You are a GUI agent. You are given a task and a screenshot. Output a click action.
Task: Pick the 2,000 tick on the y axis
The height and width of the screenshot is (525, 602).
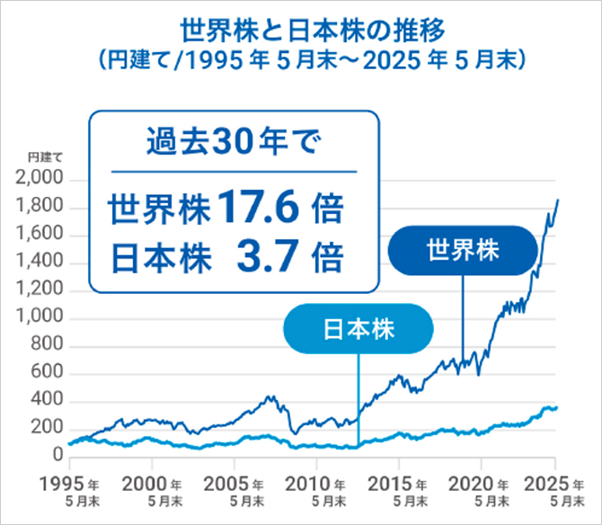40,181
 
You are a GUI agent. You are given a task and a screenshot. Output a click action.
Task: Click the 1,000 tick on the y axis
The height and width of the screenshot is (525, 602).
40,319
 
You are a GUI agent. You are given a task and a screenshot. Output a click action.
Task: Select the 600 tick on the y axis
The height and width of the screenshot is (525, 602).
47,374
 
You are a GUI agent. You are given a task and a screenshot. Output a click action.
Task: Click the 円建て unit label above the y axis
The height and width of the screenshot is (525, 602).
44,158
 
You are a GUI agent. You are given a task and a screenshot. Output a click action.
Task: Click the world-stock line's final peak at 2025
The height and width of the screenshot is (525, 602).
558,200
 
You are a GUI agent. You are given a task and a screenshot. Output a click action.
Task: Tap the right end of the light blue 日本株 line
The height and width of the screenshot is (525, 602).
557,408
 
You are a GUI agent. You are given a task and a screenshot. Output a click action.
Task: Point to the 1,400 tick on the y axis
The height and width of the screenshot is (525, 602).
40,263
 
